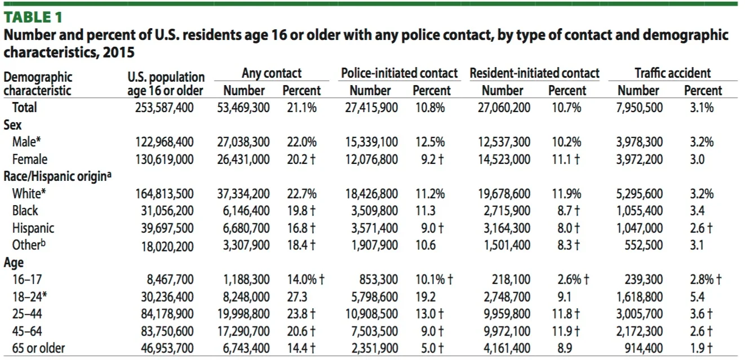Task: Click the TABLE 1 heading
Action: click(33, 17)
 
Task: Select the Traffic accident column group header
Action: click(672, 73)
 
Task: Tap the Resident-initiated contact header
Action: click(534, 73)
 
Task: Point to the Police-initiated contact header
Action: click(400, 73)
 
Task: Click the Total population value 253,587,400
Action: click(165, 108)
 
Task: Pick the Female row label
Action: click(30, 159)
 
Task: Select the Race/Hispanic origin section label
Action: click(57, 176)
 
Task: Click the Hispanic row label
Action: click(33, 228)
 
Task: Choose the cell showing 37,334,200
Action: click(243, 194)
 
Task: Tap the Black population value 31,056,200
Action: click(167, 211)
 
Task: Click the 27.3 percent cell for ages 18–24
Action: click(297, 297)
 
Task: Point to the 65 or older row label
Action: click(38, 348)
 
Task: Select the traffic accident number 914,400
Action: click(644, 348)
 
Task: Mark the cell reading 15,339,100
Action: click(371, 143)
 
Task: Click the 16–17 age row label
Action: click(27, 279)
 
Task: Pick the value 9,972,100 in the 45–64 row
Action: click(507, 331)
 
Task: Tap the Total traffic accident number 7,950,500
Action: click(639, 108)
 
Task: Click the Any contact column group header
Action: click(272, 73)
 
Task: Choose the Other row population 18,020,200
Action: click(167, 247)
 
